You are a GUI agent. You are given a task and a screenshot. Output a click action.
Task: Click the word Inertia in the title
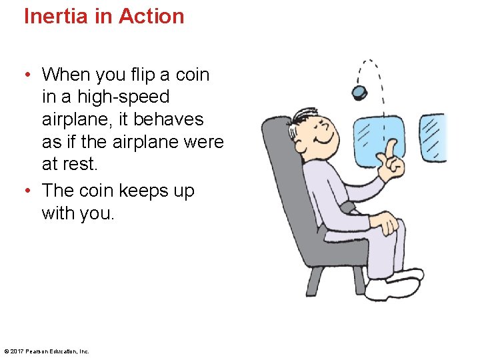pos(57,16)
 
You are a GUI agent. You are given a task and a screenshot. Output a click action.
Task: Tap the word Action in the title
pos(151,16)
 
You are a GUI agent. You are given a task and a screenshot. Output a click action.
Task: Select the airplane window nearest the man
pos(378,140)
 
